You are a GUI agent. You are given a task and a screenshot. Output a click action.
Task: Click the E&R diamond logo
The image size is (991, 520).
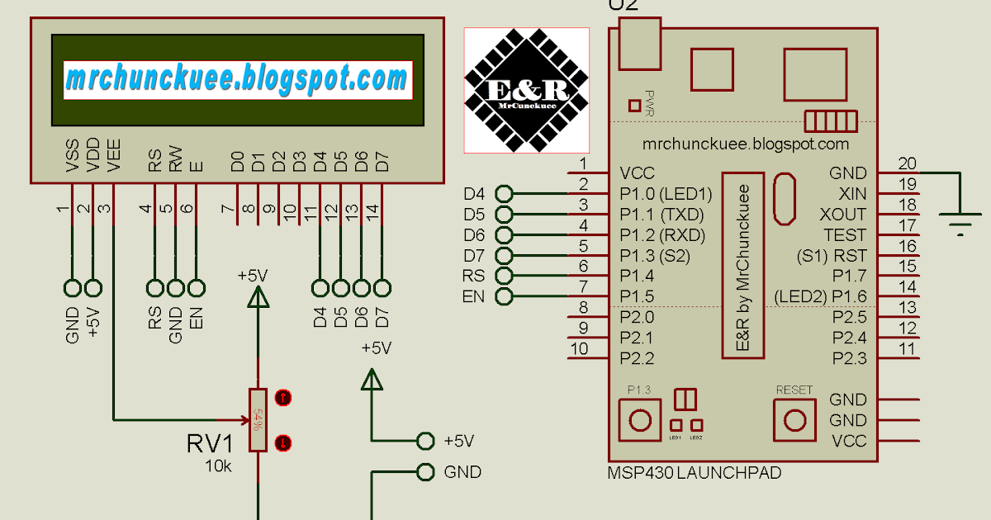point(526,90)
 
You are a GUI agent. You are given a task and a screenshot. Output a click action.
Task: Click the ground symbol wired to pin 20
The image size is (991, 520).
point(960,221)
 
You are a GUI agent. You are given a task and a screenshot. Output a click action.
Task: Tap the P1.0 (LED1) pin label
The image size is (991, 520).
point(665,194)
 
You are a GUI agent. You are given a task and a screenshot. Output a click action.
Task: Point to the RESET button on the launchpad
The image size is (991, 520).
point(794,419)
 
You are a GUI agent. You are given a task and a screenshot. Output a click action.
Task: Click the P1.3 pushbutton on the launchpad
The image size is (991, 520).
point(640,419)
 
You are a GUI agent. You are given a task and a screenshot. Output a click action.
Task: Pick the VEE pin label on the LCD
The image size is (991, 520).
point(114,156)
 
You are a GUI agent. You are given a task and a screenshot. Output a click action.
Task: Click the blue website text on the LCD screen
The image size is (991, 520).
point(236,79)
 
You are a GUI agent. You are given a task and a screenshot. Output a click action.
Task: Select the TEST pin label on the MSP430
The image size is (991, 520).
point(845,235)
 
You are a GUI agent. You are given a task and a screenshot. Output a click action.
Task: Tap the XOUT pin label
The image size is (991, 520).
point(842,215)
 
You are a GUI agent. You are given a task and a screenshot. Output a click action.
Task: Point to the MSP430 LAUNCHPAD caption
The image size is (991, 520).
point(694,473)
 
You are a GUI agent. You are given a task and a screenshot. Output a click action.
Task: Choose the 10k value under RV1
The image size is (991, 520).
point(219,466)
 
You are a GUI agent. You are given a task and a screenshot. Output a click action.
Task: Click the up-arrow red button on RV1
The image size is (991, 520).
point(283,398)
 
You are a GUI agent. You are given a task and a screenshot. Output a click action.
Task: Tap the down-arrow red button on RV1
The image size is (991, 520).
point(283,442)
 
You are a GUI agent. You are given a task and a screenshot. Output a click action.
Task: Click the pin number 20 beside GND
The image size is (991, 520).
point(908,163)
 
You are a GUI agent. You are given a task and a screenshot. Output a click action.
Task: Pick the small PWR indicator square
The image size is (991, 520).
point(634,105)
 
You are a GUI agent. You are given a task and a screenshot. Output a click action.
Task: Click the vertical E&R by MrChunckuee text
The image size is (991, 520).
point(742,265)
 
